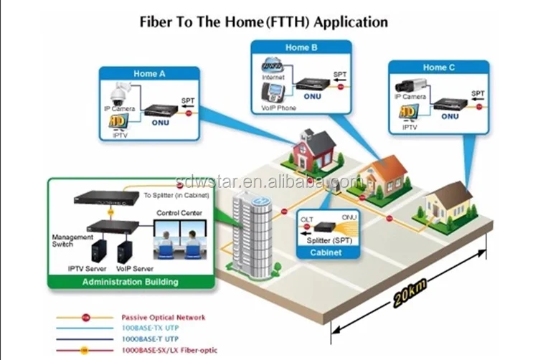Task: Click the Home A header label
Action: (x=150, y=73)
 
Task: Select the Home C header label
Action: (x=438, y=67)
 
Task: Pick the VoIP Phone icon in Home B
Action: (x=274, y=91)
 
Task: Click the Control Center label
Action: (x=179, y=213)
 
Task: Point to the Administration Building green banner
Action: (x=130, y=282)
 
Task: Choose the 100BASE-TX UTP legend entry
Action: (x=150, y=327)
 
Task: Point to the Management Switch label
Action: (x=72, y=241)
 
